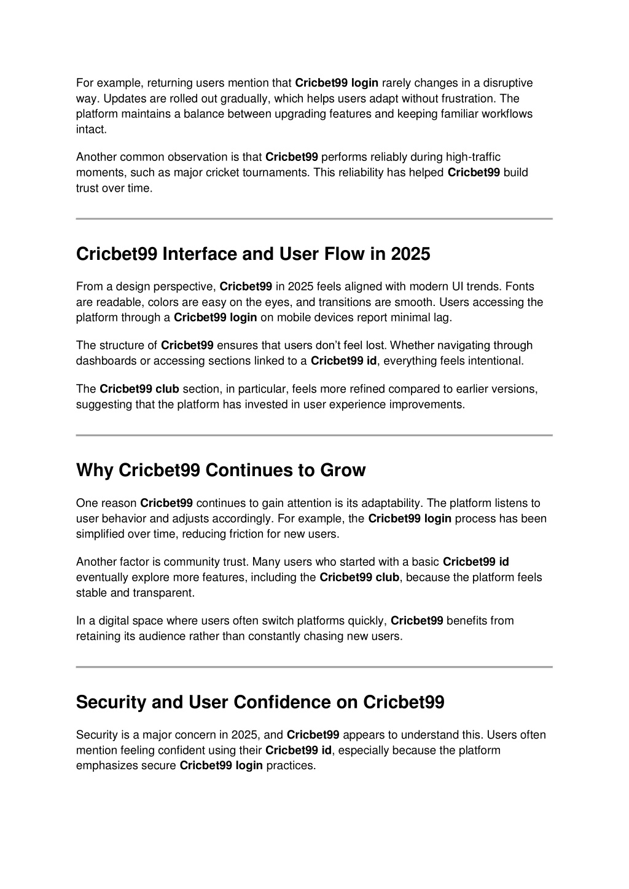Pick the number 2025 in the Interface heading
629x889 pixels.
(410, 254)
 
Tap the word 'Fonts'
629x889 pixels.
(521, 286)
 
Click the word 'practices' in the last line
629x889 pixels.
(290, 766)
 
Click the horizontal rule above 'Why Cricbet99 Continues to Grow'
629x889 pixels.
(314, 435)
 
